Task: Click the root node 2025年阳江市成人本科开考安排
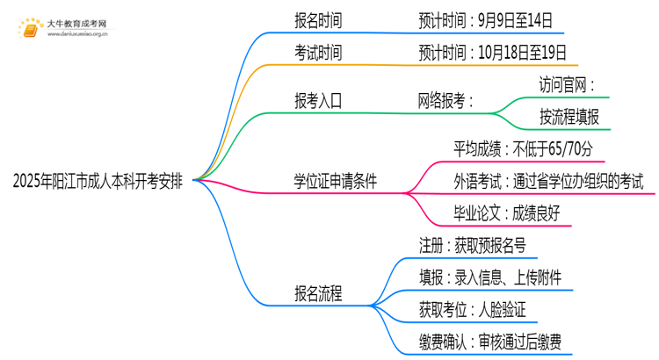tap(98, 182)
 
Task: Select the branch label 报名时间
tap(318, 18)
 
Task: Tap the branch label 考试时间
tap(318, 53)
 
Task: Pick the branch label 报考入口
tap(318, 101)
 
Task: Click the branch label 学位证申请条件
tap(336, 182)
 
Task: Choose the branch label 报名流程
tap(318, 292)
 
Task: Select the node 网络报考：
tap(445, 101)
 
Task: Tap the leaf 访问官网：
tap(566, 85)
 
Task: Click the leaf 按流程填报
tap(569, 118)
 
